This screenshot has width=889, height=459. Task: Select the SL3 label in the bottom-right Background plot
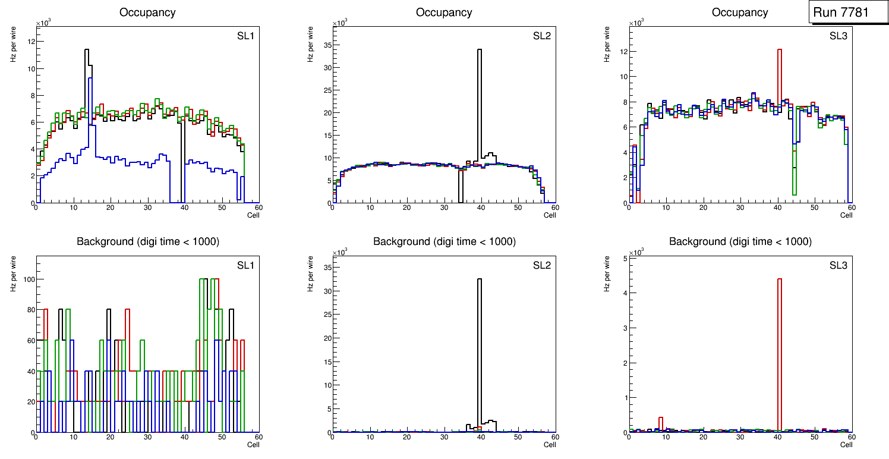[838, 265]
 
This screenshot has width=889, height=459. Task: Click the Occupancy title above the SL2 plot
[444, 12]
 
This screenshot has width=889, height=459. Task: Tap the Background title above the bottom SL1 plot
[148, 242]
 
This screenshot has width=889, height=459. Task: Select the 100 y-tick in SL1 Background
[27, 279]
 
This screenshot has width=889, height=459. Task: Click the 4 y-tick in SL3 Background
[623, 293]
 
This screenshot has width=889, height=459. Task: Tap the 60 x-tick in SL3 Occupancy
[851, 208]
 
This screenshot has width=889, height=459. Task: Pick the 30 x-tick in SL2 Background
[443, 437]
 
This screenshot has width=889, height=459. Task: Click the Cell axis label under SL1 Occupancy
[253, 215]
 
